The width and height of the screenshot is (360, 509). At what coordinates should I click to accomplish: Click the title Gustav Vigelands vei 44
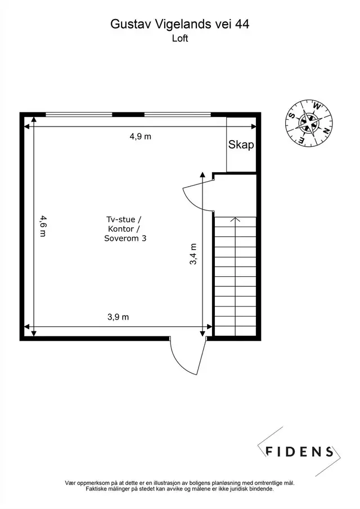pos(180,24)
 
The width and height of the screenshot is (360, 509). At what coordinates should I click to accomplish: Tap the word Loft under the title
pos(180,38)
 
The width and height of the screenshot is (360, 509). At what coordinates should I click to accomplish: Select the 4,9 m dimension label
pos(141,137)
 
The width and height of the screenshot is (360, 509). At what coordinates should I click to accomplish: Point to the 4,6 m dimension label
pos(43,226)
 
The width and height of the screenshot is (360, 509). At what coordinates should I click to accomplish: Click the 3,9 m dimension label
pos(118,317)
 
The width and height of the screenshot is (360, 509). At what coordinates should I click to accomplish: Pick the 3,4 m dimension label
pos(193,254)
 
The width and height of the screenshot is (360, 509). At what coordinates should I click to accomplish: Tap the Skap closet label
pos(241,145)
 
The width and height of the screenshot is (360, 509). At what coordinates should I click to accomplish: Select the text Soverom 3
pos(125,238)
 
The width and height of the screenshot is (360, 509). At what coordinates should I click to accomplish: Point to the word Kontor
pos(121,229)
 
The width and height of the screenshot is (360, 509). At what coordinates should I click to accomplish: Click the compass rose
pos(309,123)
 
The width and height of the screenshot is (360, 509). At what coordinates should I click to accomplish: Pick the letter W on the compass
pos(317,106)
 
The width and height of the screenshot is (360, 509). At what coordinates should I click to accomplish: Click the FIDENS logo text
pos(299,452)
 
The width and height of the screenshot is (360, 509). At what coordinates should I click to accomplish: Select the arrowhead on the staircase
pos(235,220)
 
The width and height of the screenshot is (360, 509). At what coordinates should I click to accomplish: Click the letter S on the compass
pos(292,115)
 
